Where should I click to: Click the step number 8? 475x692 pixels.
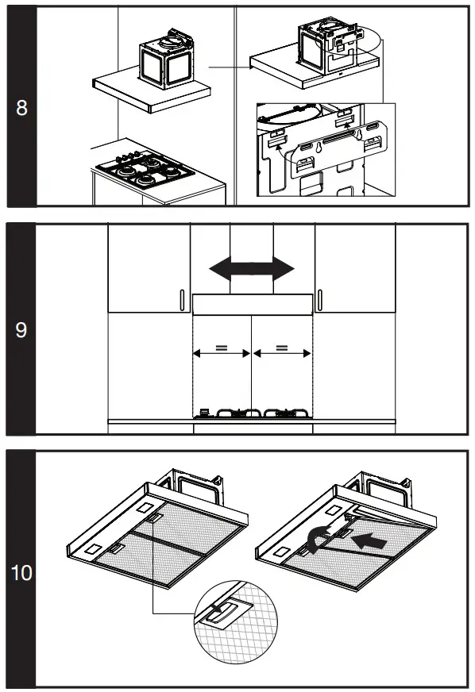[21, 108]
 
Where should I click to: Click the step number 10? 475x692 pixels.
[21, 572]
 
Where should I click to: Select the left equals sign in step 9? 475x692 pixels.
[222, 348]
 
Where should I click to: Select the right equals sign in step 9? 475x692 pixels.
[282, 348]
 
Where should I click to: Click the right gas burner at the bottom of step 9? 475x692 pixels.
[282, 413]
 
